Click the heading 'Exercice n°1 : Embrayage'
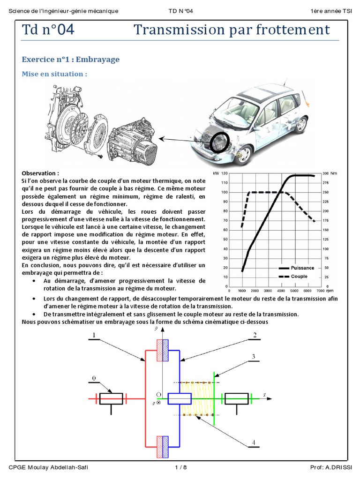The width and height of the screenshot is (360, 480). pos(71,60)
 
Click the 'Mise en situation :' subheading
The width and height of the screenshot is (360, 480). pos(54,74)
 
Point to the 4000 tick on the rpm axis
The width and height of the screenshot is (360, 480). pos(281,291)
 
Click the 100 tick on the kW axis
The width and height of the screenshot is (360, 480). pos(225,192)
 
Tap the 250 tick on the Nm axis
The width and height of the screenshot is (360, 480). pos(325,192)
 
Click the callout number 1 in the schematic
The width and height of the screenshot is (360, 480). pos(94,335)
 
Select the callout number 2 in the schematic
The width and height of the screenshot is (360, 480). pos(255,335)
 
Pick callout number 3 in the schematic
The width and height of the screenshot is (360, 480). pos(254,357)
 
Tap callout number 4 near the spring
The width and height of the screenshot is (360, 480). pos(254,442)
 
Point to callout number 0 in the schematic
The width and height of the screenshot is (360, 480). pos(94,378)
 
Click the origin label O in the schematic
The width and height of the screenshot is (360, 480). pos(158,395)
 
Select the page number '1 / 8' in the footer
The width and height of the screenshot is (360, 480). pos(180,467)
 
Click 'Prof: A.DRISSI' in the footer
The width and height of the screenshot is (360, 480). pos(331,467)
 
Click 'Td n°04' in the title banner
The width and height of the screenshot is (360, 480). pos(48,30)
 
